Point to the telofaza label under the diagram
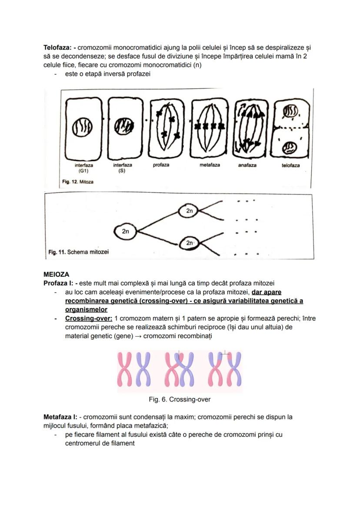point(290,166)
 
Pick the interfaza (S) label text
point(123,168)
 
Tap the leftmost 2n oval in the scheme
point(125,232)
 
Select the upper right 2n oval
point(190,211)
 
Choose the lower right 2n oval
point(190,243)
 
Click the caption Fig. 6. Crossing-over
point(180,399)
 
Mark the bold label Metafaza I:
point(60,417)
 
